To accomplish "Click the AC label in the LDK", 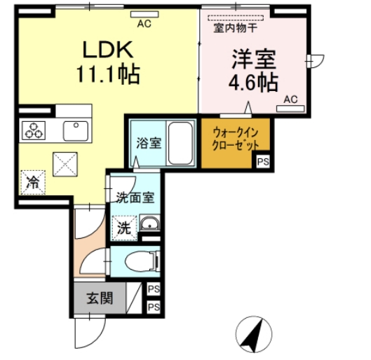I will (x=144, y=24).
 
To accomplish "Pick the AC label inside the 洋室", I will (x=291, y=99).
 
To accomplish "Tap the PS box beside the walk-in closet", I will (x=263, y=162).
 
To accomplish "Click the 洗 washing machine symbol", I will (x=123, y=227).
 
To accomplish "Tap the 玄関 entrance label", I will (x=100, y=298).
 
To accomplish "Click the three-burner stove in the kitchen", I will (x=33, y=130).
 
